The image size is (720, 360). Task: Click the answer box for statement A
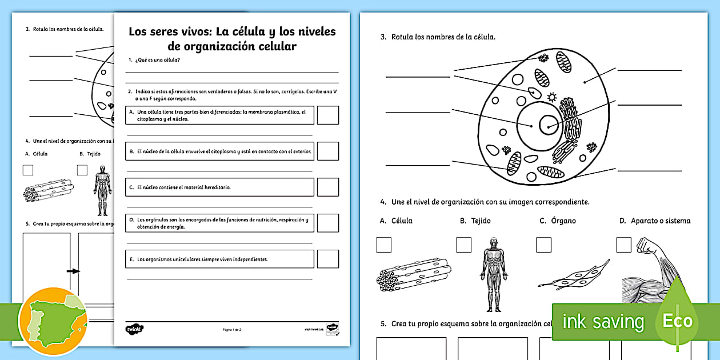(328, 115)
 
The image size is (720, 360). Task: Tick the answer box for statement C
(328, 187)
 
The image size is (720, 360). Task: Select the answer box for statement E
(328, 259)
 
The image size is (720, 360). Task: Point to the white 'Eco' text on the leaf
(677, 321)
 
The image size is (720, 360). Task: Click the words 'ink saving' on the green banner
(603, 322)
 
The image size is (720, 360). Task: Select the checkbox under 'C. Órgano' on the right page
(543, 245)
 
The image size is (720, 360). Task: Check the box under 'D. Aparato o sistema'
(623, 245)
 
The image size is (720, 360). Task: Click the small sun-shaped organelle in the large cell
(552, 97)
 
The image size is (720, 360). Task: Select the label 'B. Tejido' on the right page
(475, 221)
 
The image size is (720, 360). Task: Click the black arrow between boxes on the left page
(73, 271)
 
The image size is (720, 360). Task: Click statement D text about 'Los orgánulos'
(219, 223)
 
